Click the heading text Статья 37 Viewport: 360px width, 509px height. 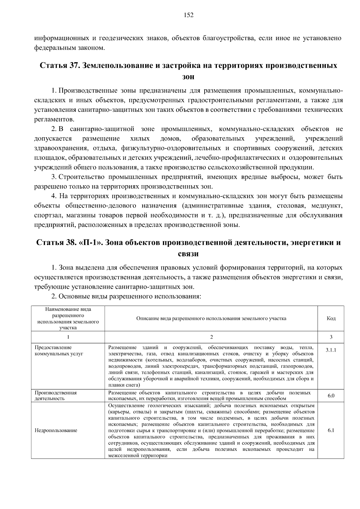[58, 66]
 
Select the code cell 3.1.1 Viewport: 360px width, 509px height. [331, 350]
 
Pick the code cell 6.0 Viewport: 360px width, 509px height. [331, 396]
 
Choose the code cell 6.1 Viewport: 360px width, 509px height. [331, 430]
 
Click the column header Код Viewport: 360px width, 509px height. [331, 318]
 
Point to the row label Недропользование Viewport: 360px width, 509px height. [56, 430]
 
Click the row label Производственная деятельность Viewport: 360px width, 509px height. [56, 396]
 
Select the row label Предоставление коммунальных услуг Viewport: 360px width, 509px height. [59, 350]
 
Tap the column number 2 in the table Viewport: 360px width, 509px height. [211, 337]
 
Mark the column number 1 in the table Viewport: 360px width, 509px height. [68, 337]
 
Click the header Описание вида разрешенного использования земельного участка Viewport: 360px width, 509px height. [211, 318]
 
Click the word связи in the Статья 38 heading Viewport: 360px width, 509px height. [188, 254]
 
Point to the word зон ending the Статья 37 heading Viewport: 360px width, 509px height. [188, 77]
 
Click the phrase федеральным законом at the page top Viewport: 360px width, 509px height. [69, 48]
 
